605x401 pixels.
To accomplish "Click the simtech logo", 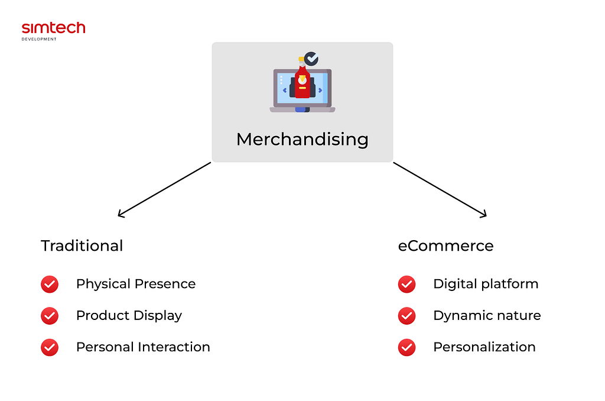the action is coord(53,31).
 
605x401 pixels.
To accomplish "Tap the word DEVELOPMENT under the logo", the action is coord(39,39).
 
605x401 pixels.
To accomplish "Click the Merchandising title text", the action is coord(302,140).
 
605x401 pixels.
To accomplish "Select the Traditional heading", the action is coord(82,245).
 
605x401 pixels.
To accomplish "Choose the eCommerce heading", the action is coord(445,245).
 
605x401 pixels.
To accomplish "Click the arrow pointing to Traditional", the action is coord(164,190).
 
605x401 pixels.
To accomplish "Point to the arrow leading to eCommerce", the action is coord(440,190).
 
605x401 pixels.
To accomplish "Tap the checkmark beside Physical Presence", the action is coord(50,284).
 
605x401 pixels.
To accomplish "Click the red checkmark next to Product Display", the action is coord(50,316).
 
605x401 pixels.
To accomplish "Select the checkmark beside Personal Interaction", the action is coord(50,347).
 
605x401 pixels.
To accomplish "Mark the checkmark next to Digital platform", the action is coord(406,284).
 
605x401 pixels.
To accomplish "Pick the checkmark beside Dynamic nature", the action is coord(406,316).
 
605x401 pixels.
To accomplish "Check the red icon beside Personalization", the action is coord(406,347).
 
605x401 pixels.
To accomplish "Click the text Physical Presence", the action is coord(136,284).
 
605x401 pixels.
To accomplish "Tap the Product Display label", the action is coord(129,316).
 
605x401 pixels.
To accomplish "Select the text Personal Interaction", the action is coord(143,347).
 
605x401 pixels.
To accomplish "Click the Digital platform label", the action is coord(486,284).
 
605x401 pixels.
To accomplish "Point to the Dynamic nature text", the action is coord(487,316).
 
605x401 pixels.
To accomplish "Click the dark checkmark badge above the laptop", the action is coord(311,59).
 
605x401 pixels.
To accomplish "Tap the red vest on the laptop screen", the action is coord(302,82).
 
